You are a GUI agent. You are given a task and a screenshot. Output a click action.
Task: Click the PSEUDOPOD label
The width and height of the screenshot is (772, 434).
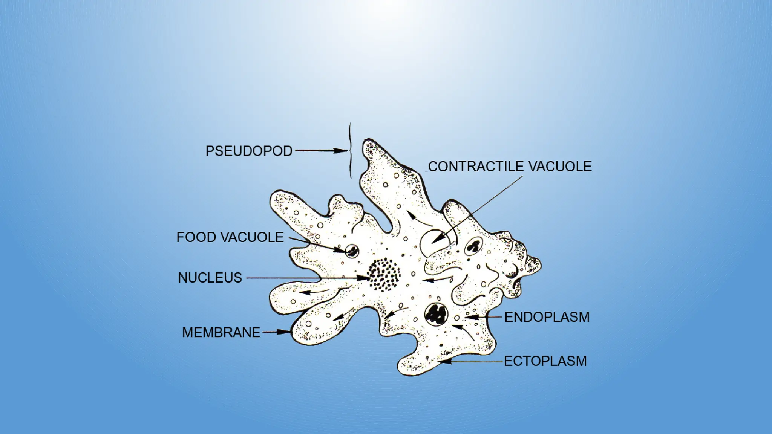point(249,151)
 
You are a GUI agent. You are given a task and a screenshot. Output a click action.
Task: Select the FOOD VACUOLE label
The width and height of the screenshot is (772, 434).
point(230,237)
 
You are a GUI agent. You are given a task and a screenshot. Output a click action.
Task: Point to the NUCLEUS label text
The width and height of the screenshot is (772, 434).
point(210,278)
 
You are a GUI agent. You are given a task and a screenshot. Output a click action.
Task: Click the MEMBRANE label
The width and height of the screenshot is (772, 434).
point(221,333)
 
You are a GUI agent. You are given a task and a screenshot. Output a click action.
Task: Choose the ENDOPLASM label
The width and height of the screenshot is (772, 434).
point(547,317)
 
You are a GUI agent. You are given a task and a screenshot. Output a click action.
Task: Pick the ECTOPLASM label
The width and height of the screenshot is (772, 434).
point(545,361)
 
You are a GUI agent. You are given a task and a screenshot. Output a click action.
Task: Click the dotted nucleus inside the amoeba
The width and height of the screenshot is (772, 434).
point(384,274)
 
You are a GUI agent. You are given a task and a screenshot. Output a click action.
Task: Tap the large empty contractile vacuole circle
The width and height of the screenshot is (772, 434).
point(433,243)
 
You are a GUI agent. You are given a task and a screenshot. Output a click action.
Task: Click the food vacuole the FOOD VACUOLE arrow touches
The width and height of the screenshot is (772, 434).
point(352,250)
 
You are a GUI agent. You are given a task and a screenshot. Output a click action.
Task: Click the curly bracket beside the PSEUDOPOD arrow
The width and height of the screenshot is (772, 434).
point(350,151)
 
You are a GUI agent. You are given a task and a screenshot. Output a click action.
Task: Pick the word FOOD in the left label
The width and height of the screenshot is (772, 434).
point(196,237)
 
